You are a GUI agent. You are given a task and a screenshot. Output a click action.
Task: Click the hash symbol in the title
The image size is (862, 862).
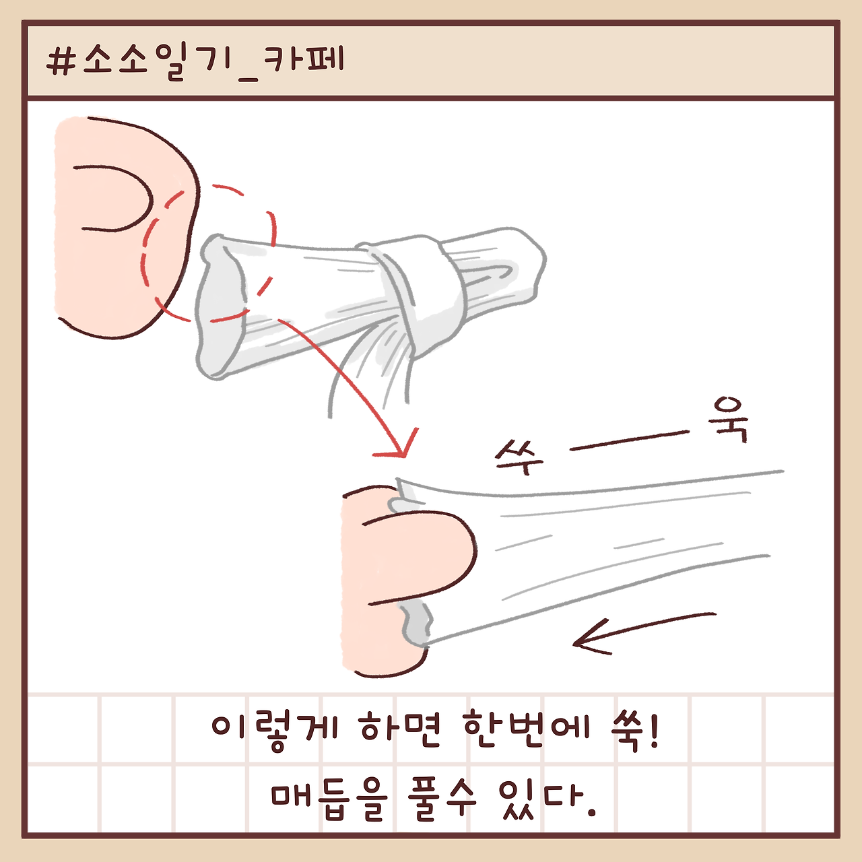[61, 61]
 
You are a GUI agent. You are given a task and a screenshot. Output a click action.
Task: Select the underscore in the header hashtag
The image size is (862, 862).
[248, 79]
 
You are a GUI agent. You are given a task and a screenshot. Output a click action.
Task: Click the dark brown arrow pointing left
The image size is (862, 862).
[644, 632]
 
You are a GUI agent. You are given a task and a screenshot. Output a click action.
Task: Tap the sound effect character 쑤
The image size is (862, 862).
[519, 457]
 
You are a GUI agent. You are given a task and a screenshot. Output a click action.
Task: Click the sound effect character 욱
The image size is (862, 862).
[730, 420]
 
